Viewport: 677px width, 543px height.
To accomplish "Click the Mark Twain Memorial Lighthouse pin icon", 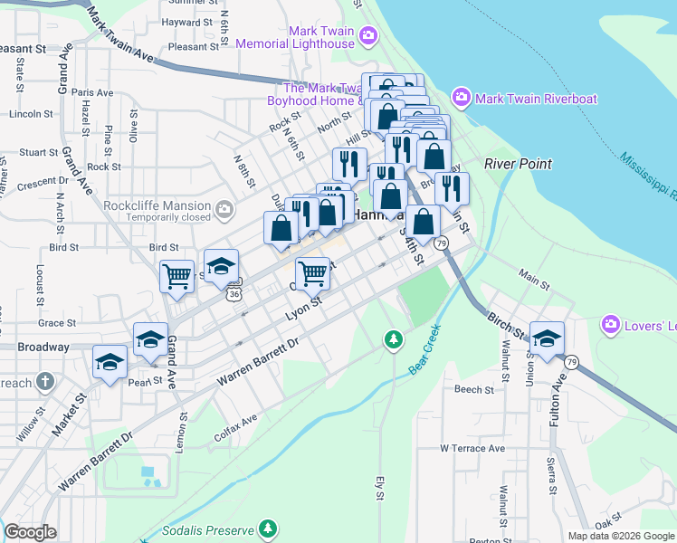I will pos(367,36).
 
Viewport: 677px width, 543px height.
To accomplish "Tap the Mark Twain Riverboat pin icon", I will pos(461,97).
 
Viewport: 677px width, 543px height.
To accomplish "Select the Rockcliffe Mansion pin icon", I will pos(224,211).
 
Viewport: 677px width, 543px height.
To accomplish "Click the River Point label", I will pos(518,164).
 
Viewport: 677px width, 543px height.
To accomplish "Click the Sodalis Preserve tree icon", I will pos(267,527).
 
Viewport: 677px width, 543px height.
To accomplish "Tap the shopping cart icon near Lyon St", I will pos(312,271).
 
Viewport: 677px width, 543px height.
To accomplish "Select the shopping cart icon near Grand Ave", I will pos(176,276).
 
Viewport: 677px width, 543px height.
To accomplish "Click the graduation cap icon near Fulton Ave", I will pos(547,337).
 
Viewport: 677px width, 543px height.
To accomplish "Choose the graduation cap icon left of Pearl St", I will pos(110,364).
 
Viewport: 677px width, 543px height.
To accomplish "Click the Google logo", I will pos(30,532).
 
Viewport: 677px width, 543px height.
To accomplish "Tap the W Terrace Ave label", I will pos(472,448).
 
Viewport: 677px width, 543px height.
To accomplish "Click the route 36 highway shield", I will pos(234,294).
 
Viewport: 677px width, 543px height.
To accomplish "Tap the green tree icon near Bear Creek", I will pos(393,339).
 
